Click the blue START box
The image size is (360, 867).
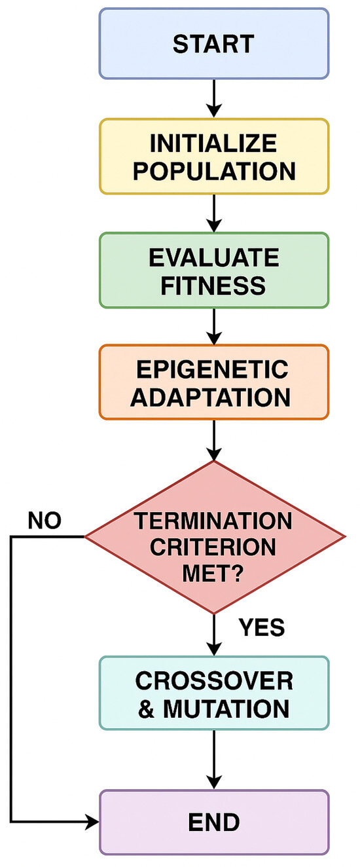coord(213,44)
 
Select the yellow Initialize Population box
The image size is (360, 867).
coord(213,157)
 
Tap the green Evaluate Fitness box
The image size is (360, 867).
coord(213,270)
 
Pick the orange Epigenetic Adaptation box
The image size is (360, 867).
coord(213,382)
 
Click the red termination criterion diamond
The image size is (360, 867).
coord(213,537)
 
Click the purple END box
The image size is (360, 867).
coord(213,821)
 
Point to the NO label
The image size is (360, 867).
coord(45,521)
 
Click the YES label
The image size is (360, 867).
coord(261,628)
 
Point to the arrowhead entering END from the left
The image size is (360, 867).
coord(92,821)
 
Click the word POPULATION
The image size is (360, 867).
coord(213,171)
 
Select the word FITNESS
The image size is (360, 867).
coord(213,285)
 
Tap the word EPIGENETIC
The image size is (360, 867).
coord(213,369)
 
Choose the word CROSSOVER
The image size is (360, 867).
coord(213,680)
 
